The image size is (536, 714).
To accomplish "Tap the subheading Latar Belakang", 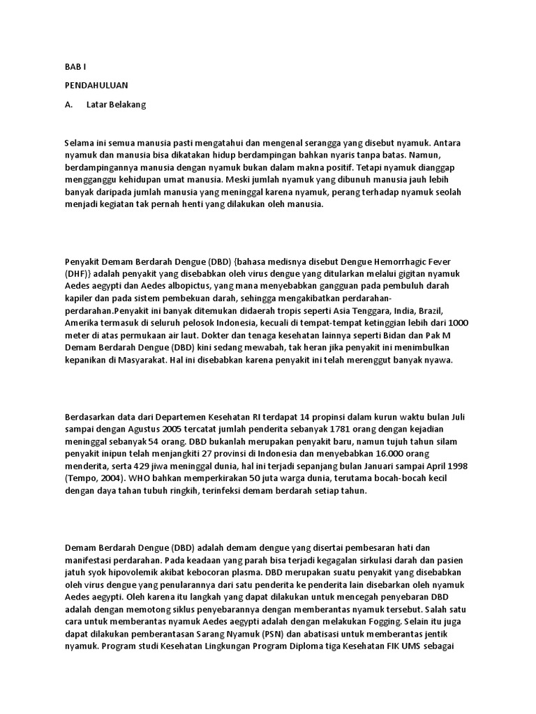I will pos(117,105).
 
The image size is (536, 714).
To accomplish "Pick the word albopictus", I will pos(163,286).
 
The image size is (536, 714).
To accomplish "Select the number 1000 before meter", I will pos(457,323).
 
